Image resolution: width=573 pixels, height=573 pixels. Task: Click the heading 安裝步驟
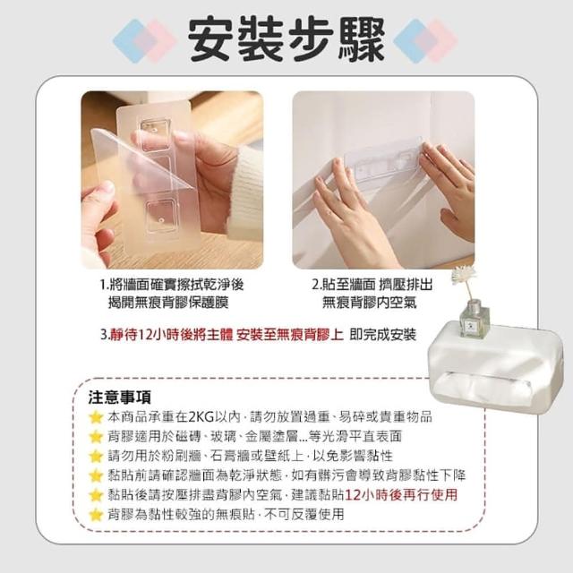click(286, 39)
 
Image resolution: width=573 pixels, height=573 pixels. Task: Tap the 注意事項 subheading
click(119, 398)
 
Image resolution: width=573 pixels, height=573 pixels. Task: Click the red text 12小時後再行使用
click(401, 495)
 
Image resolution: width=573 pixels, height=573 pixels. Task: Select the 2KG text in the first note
click(201, 416)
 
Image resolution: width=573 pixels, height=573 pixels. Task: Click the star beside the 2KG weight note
click(96, 417)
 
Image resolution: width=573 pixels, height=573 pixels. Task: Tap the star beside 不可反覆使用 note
click(96, 515)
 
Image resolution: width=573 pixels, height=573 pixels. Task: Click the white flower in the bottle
click(463, 275)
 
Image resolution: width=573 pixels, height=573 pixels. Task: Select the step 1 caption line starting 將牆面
click(172, 285)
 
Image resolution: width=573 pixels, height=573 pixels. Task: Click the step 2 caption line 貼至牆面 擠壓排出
click(372, 285)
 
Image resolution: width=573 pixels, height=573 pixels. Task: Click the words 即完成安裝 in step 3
click(382, 334)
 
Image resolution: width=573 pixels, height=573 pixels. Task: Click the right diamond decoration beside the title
click(425, 40)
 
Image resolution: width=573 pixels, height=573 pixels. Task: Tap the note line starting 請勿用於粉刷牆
click(251, 456)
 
